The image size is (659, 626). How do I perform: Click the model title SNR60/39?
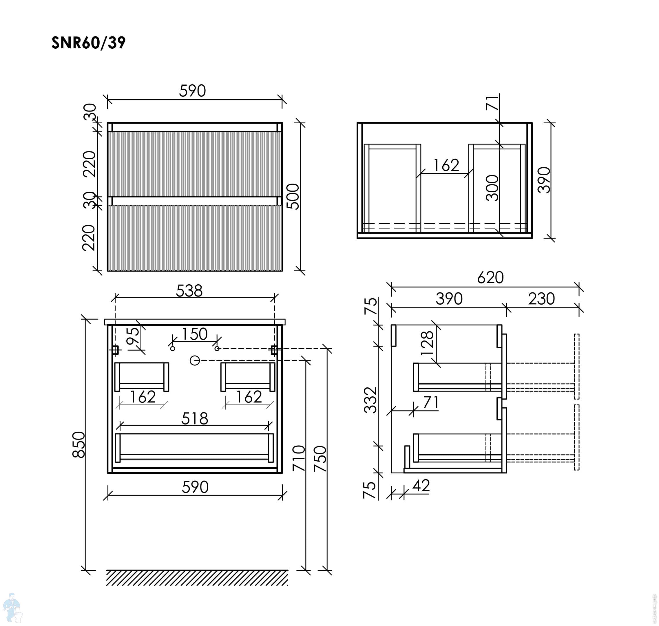tap(88, 43)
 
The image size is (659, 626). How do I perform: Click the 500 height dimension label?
tap(293, 196)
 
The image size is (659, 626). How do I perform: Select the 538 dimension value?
tap(189, 291)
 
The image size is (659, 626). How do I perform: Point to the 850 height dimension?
tap(79, 445)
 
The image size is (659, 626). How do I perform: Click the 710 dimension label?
tap(299, 458)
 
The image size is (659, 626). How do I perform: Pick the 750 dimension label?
tap(320, 458)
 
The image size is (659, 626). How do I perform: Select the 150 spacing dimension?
tap(195, 334)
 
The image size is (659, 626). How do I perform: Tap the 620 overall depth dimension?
tap(490, 278)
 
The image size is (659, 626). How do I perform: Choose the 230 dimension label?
tap(541, 299)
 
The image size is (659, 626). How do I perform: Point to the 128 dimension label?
tap(428, 343)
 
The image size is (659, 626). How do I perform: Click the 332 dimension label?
tap(370, 400)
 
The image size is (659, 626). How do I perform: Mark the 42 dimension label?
tap(421, 486)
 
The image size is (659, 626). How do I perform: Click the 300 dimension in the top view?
tap(492, 188)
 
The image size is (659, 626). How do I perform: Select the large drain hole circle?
tap(195, 360)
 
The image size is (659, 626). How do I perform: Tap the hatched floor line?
tap(197, 578)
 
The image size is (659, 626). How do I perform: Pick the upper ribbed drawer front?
tap(195, 164)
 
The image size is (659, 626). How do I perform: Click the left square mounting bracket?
tap(115, 350)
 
